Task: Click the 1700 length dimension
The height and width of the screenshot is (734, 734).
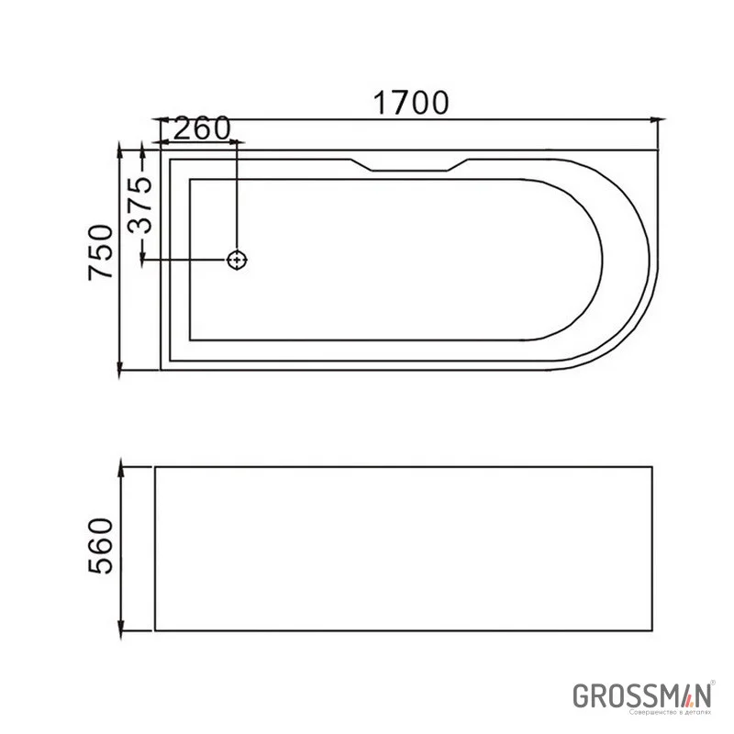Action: point(410,104)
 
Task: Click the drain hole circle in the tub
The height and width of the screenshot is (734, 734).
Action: point(238,261)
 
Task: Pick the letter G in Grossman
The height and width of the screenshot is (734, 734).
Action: point(580,695)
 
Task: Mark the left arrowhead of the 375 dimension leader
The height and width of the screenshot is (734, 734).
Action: point(144,261)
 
